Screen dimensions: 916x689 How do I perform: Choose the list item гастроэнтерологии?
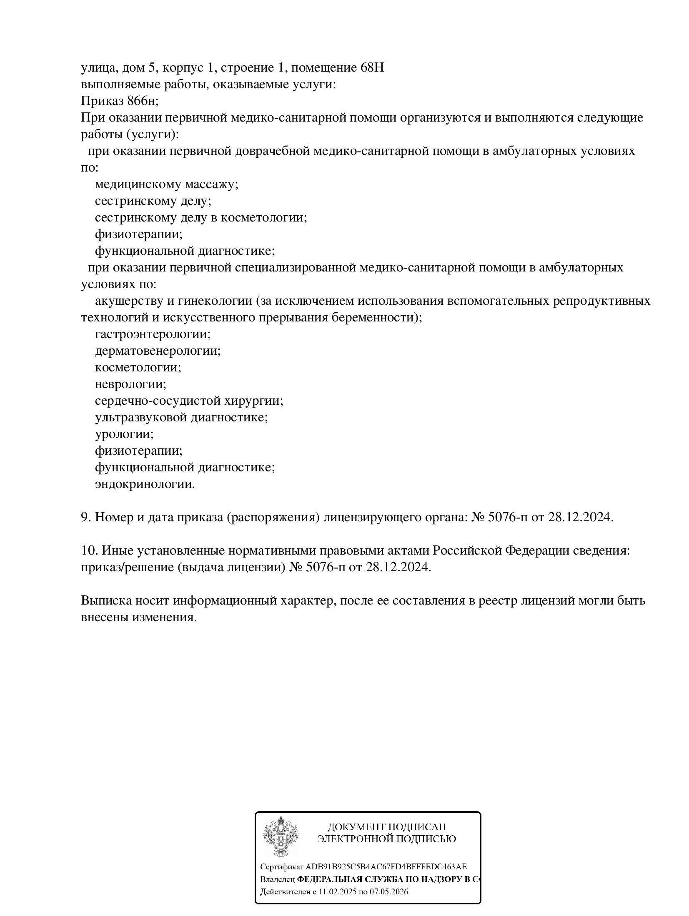[x=153, y=334]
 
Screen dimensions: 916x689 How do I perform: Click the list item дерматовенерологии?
[x=158, y=351]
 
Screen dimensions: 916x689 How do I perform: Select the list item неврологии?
[x=130, y=384]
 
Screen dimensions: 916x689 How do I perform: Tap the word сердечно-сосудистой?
[x=158, y=401]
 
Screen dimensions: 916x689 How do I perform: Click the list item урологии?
[x=124, y=434]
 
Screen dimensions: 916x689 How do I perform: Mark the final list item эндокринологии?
[x=145, y=484]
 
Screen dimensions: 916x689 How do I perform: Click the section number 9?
[x=85, y=517]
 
